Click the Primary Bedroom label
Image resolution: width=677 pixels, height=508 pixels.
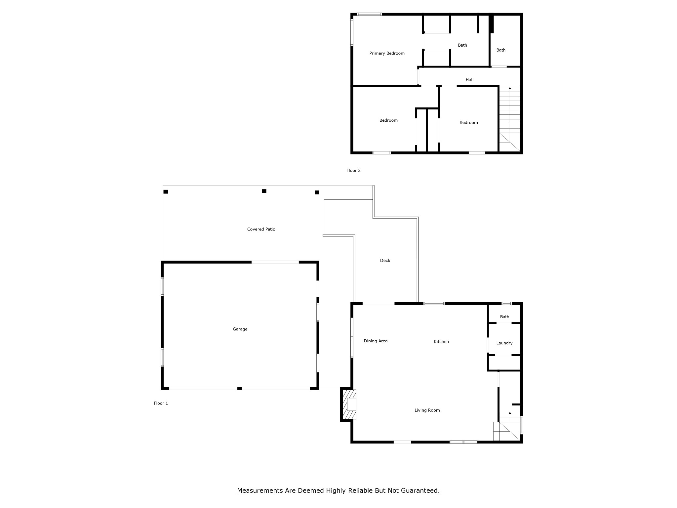(387, 53)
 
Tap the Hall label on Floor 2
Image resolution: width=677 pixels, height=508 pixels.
(469, 80)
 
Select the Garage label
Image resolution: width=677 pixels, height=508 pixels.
(240, 329)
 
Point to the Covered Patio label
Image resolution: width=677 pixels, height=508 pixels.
(261, 229)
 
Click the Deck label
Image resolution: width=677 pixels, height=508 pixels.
(385, 261)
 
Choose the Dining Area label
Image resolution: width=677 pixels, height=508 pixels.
(376, 341)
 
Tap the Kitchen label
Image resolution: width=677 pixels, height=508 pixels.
(441, 342)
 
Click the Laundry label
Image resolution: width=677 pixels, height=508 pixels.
(504, 343)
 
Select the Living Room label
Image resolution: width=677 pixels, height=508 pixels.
(427, 410)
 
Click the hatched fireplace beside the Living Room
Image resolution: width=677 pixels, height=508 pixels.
(349, 404)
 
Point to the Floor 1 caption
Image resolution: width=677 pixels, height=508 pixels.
(161, 403)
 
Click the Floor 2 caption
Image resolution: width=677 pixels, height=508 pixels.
(353, 171)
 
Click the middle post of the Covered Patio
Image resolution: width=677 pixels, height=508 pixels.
(264, 191)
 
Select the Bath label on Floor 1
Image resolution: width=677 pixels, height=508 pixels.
(504, 317)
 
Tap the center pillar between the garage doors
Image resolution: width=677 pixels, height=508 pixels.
(240, 388)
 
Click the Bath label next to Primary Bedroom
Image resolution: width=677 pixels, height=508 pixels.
(462, 45)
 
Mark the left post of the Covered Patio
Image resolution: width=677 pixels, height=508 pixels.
(166, 192)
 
